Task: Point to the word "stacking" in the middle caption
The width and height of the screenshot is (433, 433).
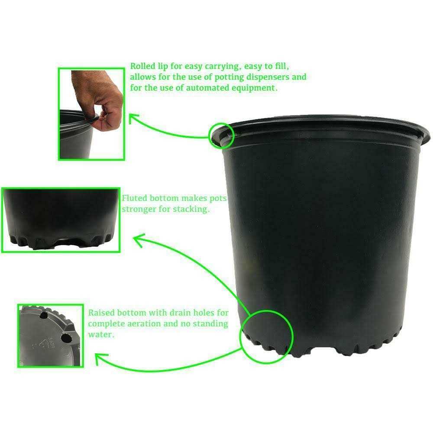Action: pyautogui.click(x=193, y=209)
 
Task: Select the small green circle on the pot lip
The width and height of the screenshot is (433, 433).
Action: pyautogui.click(x=221, y=135)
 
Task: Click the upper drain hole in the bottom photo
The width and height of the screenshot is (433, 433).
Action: pyautogui.click(x=43, y=317)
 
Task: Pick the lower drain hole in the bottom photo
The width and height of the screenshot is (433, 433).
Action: pyautogui.click(x=65, y=337)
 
